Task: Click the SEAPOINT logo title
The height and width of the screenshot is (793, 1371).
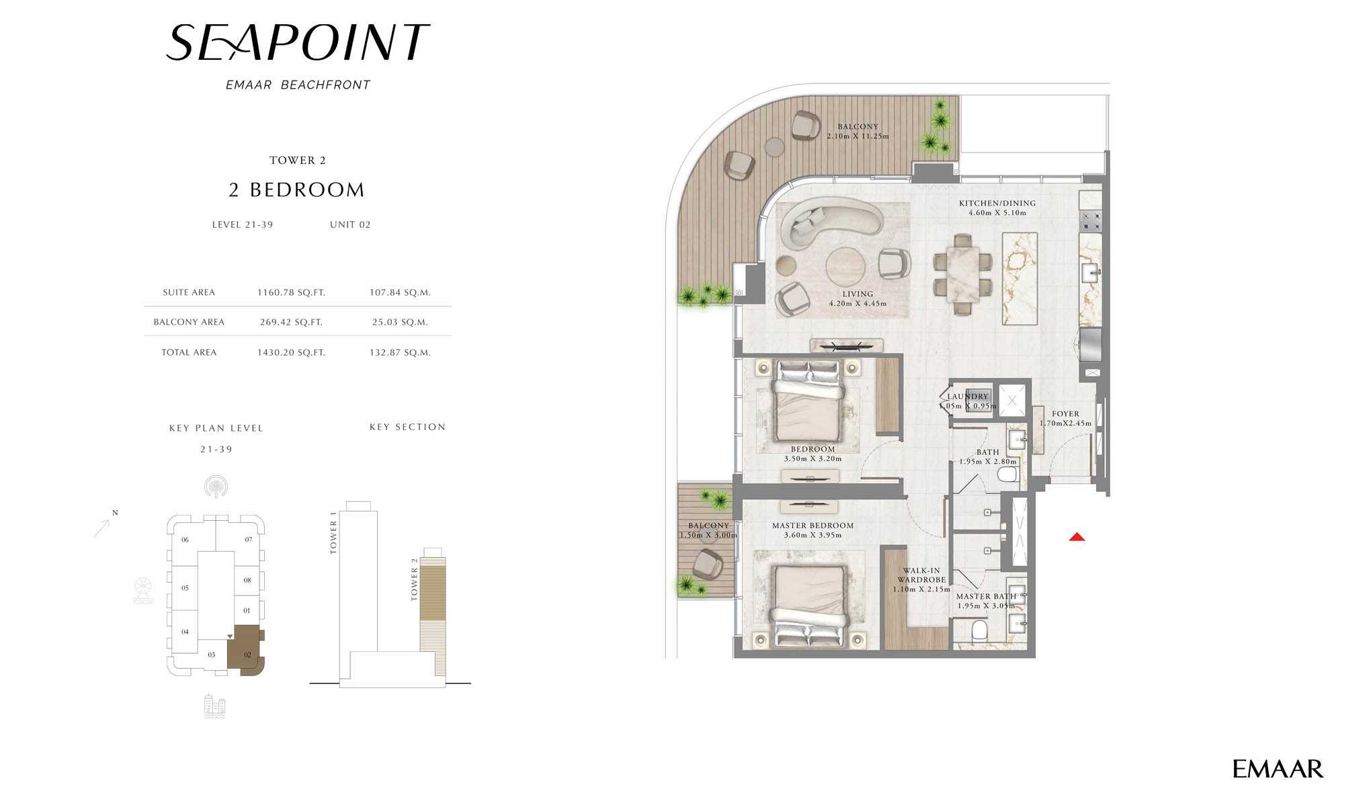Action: click(x=297, y=42)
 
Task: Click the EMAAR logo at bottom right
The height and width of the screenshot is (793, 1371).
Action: click(x=1278, y=769)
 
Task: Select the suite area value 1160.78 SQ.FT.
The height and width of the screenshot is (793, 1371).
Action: click(x=291, y=292)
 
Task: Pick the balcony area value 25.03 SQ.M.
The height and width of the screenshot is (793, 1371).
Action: click(x=400, y=322)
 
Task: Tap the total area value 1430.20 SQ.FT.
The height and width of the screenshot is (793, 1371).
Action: click(x=291, y=352)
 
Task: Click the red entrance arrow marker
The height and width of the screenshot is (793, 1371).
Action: click(x=1077, y=536)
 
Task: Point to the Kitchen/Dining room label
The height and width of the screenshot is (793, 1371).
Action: click(x=997, y=203)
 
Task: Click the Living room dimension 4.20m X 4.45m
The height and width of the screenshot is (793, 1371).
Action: click(x=858, y=303)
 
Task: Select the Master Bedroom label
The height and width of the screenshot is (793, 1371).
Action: click(x=813, y=526)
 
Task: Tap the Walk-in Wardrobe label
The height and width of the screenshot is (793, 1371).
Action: click(x=921, y=575)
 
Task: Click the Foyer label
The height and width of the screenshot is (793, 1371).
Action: click(x=1066, y=414)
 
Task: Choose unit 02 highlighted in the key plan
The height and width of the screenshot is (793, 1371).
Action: click(x=246, y=650)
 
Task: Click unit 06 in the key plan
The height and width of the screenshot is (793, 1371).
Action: click(x=185, y=540)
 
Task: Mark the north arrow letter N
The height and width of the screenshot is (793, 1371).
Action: click(x=115, y=513)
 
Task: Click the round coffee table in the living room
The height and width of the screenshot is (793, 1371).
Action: click(x=846, y=267)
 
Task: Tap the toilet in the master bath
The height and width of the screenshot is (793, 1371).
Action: click(x=979, y=631)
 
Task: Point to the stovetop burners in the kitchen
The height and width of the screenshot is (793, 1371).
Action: click(x=1090, y=221)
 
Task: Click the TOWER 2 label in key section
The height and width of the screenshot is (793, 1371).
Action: click(x=415, y=579)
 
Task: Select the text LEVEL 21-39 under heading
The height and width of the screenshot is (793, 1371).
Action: click(x=243, y=224)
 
